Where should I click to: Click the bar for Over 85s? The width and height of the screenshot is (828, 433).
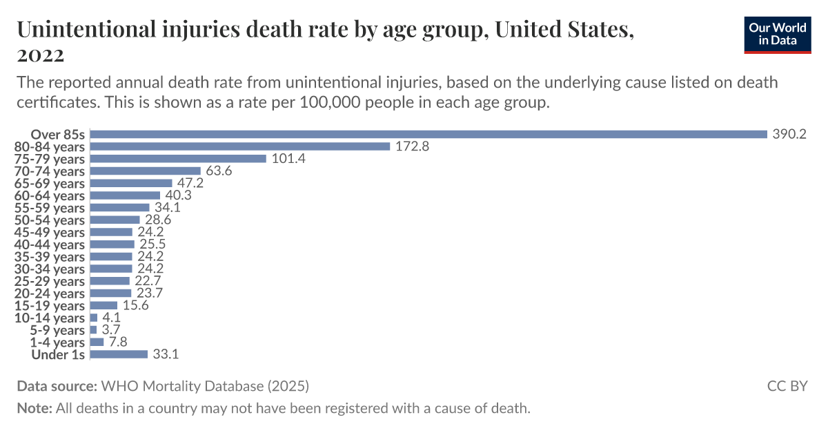[x=428, y=134]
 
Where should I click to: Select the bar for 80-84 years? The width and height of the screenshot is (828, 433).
[x=240, y=146]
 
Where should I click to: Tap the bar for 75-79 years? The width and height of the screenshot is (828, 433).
[x=178, y=158]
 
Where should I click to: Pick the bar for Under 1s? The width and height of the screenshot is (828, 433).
[x=119, y=354]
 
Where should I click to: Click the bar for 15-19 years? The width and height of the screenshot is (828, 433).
[x=103, y=305]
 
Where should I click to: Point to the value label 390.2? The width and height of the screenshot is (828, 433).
[x=789, y=134]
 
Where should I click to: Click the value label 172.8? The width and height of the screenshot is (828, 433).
[x=413, y=146]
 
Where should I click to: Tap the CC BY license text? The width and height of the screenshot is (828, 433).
[x=787, y=385]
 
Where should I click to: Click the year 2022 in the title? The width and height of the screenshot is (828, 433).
[x=41, y=55]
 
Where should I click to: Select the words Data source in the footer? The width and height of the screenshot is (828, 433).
[x=57, y=385]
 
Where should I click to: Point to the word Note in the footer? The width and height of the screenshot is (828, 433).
[x=33, y=407]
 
